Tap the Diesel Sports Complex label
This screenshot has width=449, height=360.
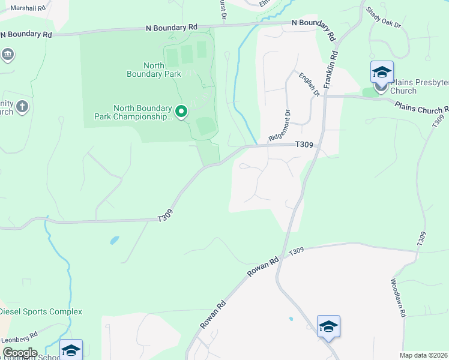41,311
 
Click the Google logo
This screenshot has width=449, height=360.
19,353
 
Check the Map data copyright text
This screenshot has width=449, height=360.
423,355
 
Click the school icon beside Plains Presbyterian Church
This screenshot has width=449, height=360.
382,73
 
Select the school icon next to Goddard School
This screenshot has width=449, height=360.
71,350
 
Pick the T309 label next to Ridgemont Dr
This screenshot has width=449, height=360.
304,145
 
